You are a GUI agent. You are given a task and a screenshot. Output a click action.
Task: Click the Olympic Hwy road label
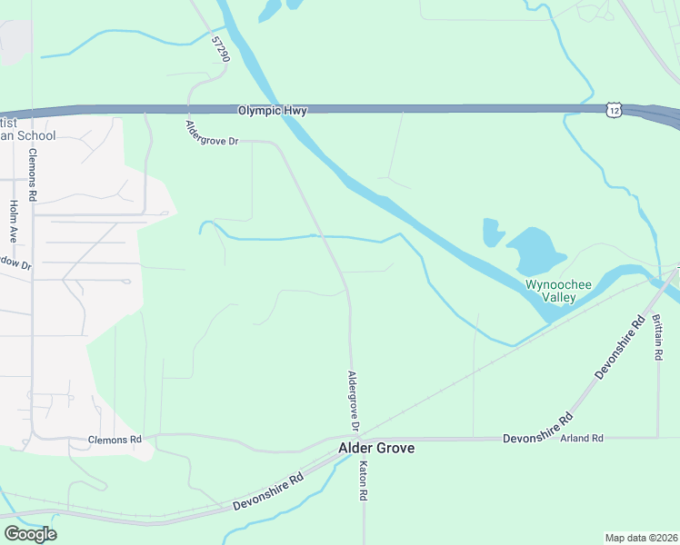pyautogui.click(x=272, y=111)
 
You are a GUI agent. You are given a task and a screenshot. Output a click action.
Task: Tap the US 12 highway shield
pyautogui.click(x=615, y=110)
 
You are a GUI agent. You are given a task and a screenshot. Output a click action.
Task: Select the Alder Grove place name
pyautogui.click(x=376, y=448)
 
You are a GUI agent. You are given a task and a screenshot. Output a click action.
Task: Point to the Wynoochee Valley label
pyautogui.click(x=559, y=291)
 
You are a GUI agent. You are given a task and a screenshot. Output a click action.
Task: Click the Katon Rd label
pyautogui.click(x=362, y=481)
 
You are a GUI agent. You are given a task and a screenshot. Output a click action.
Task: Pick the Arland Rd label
pyautogui.click(x=582, y=439)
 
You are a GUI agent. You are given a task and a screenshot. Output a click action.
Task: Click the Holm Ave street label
pyautogui.click(x=14, y=221)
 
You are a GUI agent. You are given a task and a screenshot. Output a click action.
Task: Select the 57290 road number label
pyautogui.click(x=220, y=49)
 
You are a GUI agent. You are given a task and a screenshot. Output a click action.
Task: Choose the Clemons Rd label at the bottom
pyautogui.click(x=115, y=440)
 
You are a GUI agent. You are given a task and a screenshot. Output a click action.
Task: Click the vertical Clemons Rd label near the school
pyautogui.click(x=33, y=176)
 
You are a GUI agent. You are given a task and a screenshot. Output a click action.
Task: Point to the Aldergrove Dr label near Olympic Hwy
pyautogui.click(x=211, y=137)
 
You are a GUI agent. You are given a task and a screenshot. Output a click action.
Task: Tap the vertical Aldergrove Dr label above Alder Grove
pyautogui.click(x=355, y=401)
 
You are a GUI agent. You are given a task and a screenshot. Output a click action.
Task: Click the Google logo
pyautogui.click(x=30, y=534)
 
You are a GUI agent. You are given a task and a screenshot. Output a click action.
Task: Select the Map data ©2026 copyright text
pyautogui.click(x=641, y=537)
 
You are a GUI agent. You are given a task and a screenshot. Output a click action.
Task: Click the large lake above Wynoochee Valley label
pyautogui.click(x=537, y=250)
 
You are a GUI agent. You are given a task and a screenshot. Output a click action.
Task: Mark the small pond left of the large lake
pyautogui.click(x=493, y=233)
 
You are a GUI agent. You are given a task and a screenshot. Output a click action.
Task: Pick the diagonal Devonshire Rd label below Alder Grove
pyautogui.click(x=267, y=491)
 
